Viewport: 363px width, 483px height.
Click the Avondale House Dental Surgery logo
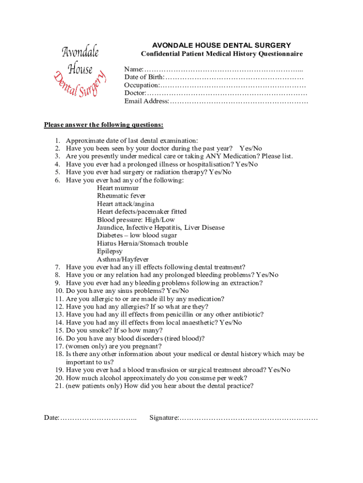click(80, 70)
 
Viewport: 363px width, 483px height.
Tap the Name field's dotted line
click(223, 69)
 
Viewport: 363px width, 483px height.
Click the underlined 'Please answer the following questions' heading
click(104, 125)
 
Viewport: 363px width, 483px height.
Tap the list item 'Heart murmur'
click(118, 188)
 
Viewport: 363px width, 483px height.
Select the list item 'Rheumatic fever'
click(121, 196)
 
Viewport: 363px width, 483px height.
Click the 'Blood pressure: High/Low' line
click(136, 220)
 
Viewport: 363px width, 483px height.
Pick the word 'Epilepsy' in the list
click(109, 251)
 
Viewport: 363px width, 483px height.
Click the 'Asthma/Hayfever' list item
click(123, 259)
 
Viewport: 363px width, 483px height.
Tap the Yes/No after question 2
click(251, 149)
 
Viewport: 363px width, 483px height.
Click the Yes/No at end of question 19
click(279, 370)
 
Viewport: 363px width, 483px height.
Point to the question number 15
click(59, 331)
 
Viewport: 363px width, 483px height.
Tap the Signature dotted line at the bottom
click(248, 418)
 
